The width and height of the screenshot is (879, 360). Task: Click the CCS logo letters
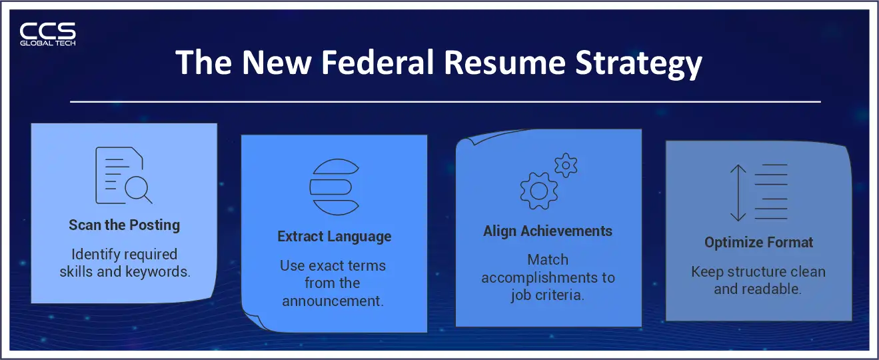coord(47,30)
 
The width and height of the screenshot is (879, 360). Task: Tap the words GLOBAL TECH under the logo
coord(47,43)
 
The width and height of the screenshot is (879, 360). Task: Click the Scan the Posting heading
coord(124,225)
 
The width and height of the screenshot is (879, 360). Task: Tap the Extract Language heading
coord(334,237)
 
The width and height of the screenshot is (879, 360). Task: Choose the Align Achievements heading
coord(548,231)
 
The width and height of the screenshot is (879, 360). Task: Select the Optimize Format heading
coord(758,243)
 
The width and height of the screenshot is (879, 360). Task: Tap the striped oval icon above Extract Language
coord(334,186)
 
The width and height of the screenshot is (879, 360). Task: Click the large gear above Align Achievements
coord(538,190)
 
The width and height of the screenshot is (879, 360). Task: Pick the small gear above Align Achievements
coord(566,165)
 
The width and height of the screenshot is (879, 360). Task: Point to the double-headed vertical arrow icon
coord(738,193)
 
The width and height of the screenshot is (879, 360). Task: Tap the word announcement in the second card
coord(332,301)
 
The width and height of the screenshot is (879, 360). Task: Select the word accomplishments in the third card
coord(548,277)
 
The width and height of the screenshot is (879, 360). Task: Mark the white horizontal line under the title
coord(444,102)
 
